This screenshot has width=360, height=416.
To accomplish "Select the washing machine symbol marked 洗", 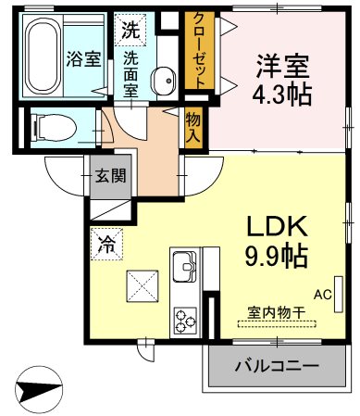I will (x=130, y=28).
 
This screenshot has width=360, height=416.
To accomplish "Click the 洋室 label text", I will (x=283, y=68).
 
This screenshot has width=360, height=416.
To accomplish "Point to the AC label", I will (x=322, y=295).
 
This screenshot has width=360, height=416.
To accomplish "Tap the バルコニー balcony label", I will (x=276, y=367).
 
